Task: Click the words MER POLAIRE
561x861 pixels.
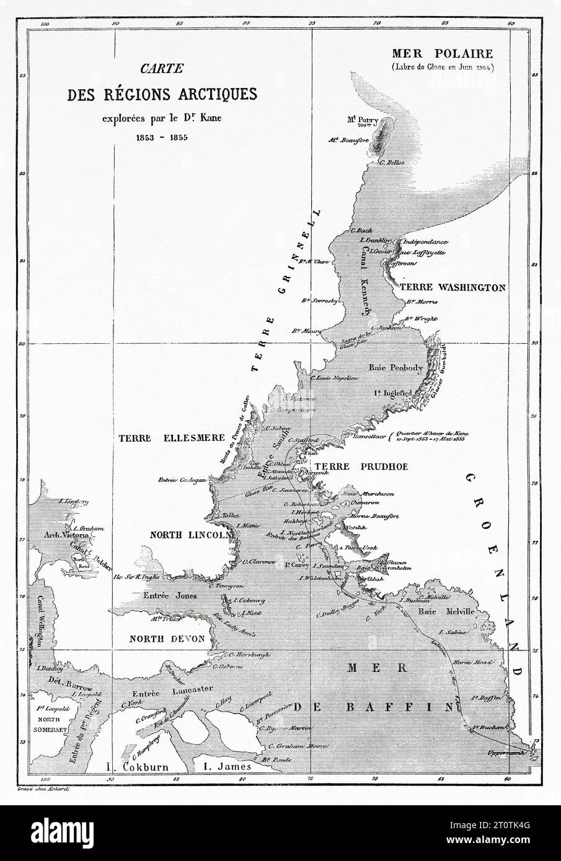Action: pyautogui.click(x=440, y=53)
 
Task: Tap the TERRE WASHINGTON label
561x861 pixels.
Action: pyautogui.click(x=453, y=288)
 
